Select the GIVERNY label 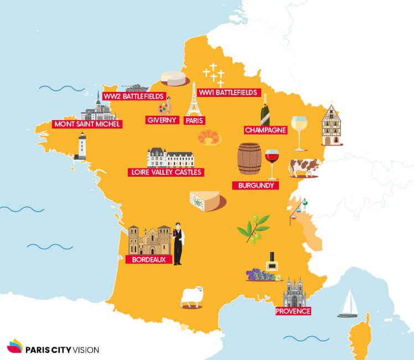point(162,120)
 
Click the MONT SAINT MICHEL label point(87,124)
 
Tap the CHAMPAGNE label point(266,130)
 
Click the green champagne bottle point(266,110)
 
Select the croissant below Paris point(209,137)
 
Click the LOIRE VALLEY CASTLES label point(165,172)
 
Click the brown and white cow point(304,167)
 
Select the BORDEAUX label point(148,259)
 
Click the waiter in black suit point(178,244)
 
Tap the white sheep point(192,297)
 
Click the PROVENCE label point(293,311)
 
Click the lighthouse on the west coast point(80,147)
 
